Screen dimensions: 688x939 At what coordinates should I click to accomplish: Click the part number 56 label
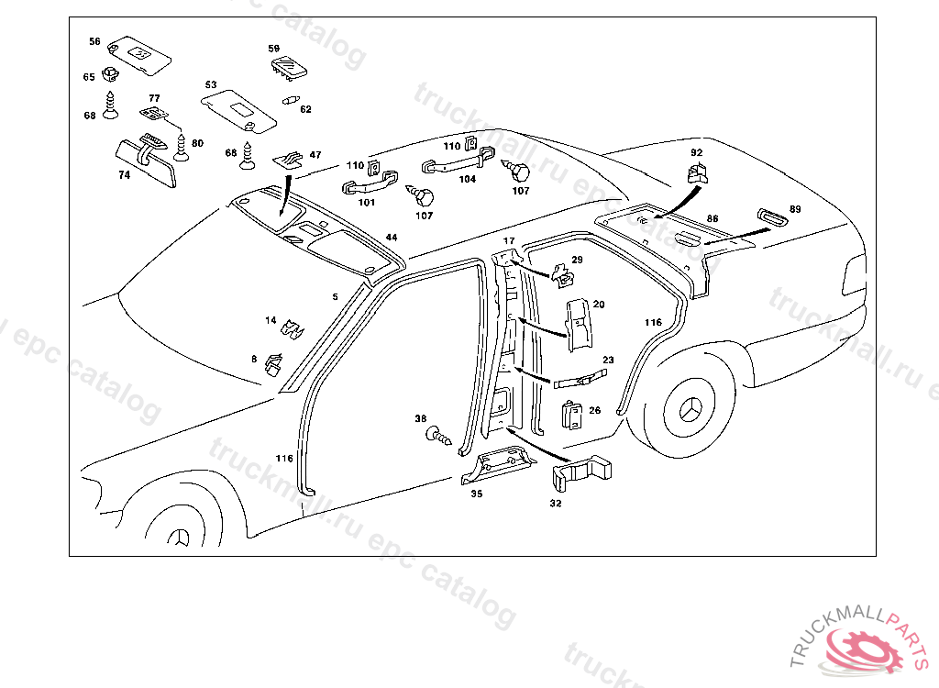(x=94, y=41)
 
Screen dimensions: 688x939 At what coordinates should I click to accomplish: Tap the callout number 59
(x=273, y=49)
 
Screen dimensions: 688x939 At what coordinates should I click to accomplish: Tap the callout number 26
(x=594, y=410)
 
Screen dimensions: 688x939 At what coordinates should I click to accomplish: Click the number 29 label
(x=577, y=261)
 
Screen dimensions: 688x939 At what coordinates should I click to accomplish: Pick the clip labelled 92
(x=699, y=172)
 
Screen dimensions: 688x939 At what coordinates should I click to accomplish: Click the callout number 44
(x=392, y=238)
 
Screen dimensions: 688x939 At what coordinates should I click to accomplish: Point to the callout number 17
(x=510, y=241)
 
